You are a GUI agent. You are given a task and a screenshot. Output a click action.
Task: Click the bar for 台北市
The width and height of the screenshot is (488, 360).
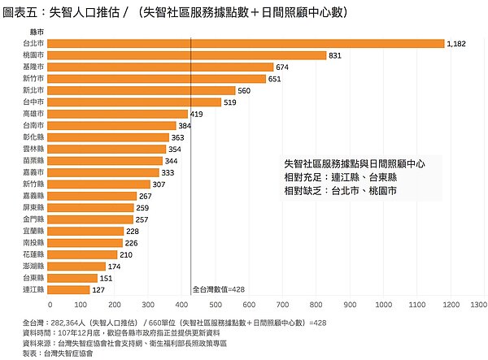tap(247, 43)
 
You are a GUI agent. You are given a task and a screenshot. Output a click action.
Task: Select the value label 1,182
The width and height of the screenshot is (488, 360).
tap(456, 44)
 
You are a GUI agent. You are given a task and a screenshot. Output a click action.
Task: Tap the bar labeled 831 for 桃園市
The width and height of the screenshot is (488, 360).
tap(188, 55)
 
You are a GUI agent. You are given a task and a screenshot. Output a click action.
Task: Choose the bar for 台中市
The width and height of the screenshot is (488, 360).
tap(136, 102)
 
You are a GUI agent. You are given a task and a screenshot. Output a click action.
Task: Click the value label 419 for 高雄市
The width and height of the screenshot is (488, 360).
tap(197, 115)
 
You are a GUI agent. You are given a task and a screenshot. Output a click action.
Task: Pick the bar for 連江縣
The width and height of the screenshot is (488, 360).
tap(70, 289)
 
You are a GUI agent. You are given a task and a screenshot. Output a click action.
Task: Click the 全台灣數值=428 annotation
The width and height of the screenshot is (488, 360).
tap(218, 289)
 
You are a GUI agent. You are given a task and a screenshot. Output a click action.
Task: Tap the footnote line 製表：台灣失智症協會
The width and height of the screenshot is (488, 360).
tap(59, 353)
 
